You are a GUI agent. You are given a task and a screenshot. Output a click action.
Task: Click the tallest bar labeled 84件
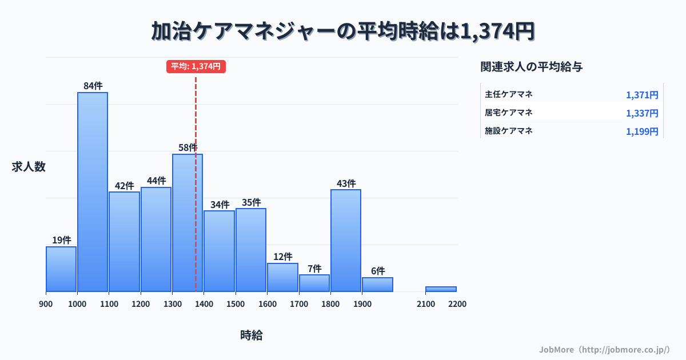(93, 191)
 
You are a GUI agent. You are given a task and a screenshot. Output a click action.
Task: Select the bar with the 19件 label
(61, 269)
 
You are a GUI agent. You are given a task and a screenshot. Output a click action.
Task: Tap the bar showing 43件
(346, 240)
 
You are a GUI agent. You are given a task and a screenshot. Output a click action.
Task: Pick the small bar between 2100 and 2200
(441, 289)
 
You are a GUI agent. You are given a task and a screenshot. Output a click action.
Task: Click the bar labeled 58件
(188, 223)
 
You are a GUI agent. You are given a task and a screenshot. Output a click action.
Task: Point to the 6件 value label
(377, 271)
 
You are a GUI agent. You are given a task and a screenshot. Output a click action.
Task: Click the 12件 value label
(282, 257)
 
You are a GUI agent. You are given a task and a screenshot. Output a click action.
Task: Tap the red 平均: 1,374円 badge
(196, 66)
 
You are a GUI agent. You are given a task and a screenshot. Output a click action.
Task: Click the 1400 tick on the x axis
(204, 304)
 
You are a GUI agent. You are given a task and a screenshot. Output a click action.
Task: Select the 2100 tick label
(425, 304)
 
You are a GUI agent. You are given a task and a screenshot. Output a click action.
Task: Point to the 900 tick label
(46, 304)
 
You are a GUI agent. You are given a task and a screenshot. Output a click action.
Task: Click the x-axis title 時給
(252, 335)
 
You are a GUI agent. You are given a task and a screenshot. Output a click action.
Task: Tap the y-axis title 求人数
(29, 167)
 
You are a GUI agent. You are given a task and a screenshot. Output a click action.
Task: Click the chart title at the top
(343, 31)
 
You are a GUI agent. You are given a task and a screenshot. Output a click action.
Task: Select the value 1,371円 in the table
(642, 95)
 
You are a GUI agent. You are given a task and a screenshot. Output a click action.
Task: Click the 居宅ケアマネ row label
(509, 113)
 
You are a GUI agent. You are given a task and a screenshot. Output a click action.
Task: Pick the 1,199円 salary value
(642, 131)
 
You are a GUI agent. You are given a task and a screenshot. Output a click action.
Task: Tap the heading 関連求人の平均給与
(532, 67)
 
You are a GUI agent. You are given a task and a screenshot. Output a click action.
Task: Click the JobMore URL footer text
(604, 349)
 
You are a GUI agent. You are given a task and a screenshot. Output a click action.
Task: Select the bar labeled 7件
(314, 283)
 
